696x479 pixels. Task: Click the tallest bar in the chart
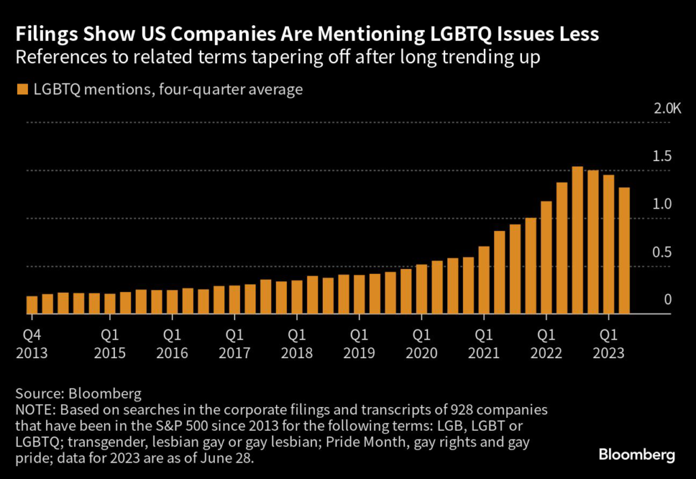[578, 241]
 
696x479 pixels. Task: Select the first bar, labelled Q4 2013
[32, 305]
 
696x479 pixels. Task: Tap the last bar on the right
[624, 251]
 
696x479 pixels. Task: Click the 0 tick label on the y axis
[667, 300]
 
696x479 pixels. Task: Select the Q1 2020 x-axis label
[422, 343]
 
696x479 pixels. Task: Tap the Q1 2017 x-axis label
[234, 343]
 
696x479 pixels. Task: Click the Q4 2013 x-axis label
[33, 343]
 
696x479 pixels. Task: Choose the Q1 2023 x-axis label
[609, 343]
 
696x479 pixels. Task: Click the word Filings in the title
[43, 34]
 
